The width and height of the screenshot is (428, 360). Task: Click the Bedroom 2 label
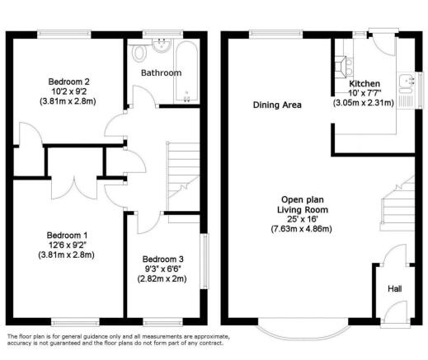pos(68,81)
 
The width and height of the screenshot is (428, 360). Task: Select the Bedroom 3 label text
pos(162,258)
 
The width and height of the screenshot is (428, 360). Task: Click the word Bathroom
pos(160,72)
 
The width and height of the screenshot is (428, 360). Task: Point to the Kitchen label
pos(364,84)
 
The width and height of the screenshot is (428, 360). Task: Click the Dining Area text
pos(277,105)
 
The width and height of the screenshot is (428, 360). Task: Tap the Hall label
pos(395,288)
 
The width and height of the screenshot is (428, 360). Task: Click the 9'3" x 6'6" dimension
pos(162,269)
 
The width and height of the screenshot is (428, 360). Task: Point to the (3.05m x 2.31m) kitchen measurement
pos(364,104)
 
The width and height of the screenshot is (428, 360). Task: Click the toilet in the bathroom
pos(139,54)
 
